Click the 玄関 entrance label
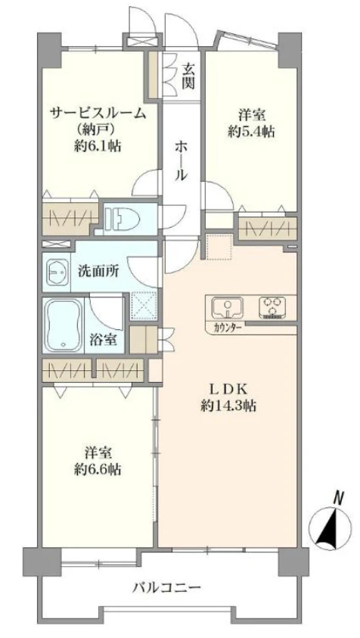point(188,74)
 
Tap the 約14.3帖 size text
point(228,406)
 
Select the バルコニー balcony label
point(166,587)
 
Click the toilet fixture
point(126,219)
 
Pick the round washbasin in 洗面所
point(57,271)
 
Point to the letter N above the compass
point(340,497)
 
